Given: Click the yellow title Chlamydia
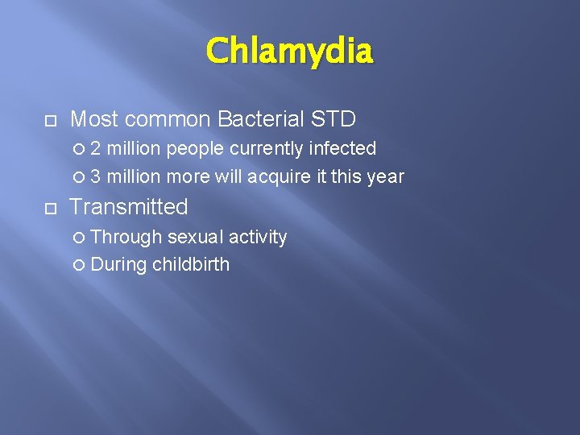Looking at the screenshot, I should click(x=289, y=52).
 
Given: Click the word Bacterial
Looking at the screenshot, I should click(x=256, y=120).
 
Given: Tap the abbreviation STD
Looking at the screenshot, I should click(x=333, y=120).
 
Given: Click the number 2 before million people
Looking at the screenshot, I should click(x=96, y=149).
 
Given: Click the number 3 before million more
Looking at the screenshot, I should click(x=96, y=176).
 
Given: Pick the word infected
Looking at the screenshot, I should click(x=343, y=149).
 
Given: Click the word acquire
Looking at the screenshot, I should click(x=284, y=176).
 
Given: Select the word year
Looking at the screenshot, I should click(x=385, y=176).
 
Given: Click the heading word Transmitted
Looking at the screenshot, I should click(x=129, y=207).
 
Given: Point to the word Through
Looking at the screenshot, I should click(x=126, y=237).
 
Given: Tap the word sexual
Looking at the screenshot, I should click(x=195, y=237).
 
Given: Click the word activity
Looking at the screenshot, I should click(x=258, y=237).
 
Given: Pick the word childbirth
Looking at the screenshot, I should click(x=191, y=264).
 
